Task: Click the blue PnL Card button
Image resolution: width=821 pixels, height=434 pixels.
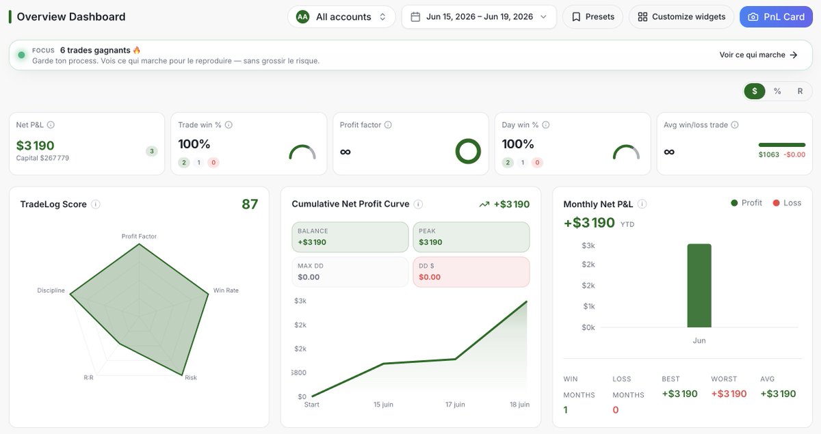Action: coord(776,17)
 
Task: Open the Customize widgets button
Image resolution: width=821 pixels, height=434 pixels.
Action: coord(681,17)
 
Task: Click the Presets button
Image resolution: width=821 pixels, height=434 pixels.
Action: coord(592,17)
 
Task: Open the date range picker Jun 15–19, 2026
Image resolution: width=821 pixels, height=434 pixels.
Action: coord(479,17)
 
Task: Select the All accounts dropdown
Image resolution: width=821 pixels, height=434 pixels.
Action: coord(341,17)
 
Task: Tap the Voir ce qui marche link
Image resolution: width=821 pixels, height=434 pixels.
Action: coord(758,55)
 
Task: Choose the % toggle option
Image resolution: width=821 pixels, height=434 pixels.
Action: coord(777,91)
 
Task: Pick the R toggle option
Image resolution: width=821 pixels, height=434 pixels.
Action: coord(800,91)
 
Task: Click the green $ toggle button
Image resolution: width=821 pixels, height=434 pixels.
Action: coord(754,91)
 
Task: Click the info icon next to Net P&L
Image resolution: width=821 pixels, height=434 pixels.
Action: coord(51,125)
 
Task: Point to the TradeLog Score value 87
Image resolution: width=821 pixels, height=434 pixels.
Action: coord(250,204)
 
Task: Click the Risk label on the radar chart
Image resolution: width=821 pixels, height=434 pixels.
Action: coord(191,377)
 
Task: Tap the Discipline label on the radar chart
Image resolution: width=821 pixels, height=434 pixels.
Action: coord(51,290)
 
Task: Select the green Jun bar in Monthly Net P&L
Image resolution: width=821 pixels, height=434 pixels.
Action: coord(699,286)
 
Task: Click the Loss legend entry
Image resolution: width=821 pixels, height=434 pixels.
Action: coord(787,203)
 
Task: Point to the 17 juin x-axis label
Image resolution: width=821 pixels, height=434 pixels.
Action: coord(455,405)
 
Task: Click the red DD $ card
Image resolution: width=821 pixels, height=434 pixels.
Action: coord(471,272)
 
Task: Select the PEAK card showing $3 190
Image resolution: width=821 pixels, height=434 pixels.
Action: coord(471,237)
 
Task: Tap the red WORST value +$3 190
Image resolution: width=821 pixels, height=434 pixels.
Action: coord(729,394)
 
